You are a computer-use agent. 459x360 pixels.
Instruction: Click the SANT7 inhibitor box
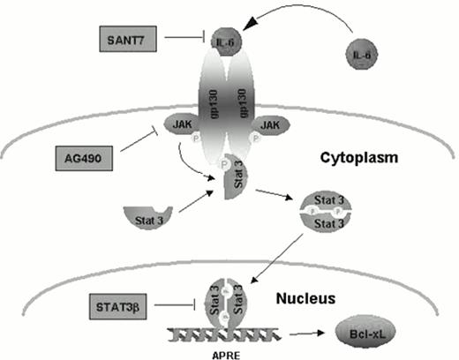point(128,40)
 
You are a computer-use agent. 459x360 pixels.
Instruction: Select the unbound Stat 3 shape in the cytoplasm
point(147,214)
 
